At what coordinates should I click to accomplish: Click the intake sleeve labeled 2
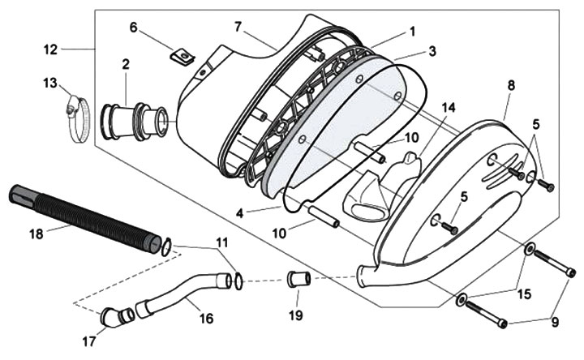[x=134, y=121]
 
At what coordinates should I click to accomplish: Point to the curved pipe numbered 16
[x=182, y=294]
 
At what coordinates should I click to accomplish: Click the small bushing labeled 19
[x=298, y=280]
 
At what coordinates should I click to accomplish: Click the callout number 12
[x=50, y=49]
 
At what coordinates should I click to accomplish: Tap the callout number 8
[x=511, y=86]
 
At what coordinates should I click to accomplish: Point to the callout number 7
[x=238, y=27]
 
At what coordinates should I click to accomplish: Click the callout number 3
[x=432, y=51]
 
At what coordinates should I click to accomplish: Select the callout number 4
[x=239, y=214]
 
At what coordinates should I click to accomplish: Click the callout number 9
[x=555, y=323]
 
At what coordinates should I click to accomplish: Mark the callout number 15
[x=524, y=294]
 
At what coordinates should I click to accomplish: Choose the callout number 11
[x=221, y=242]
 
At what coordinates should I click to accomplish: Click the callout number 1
[x=412, y=32]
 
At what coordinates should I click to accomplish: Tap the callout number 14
[x=449, y=108]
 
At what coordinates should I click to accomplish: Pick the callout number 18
[x=36, y=234]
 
